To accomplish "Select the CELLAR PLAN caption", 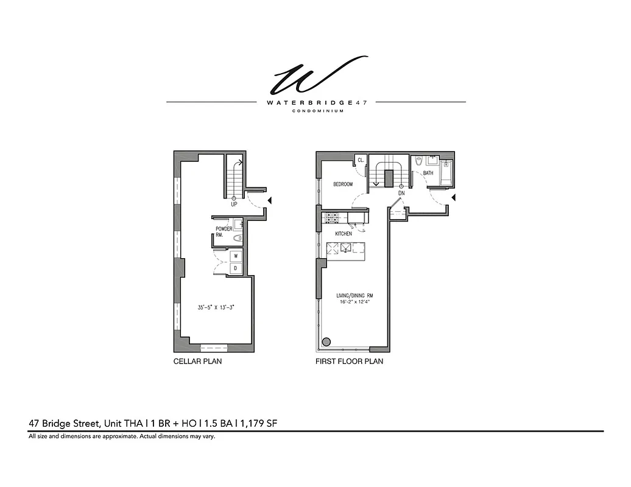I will tap(197, 362).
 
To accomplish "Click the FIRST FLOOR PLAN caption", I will tap(349, 362).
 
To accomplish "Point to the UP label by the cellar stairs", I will tap(234, 205).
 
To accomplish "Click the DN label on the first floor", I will tap(401, 193).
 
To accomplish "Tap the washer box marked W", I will tap(236, 256).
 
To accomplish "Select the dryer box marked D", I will tap(236, 268).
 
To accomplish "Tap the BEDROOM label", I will tap(342, 184).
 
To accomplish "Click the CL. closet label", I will tap(361, 161).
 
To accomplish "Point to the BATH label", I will tap(428, 173).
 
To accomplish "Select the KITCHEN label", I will tap(344, 234).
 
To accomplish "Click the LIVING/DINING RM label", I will tap(353, 296).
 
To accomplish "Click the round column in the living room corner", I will tap(326, 342).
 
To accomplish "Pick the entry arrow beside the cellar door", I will tap(270, 200).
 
